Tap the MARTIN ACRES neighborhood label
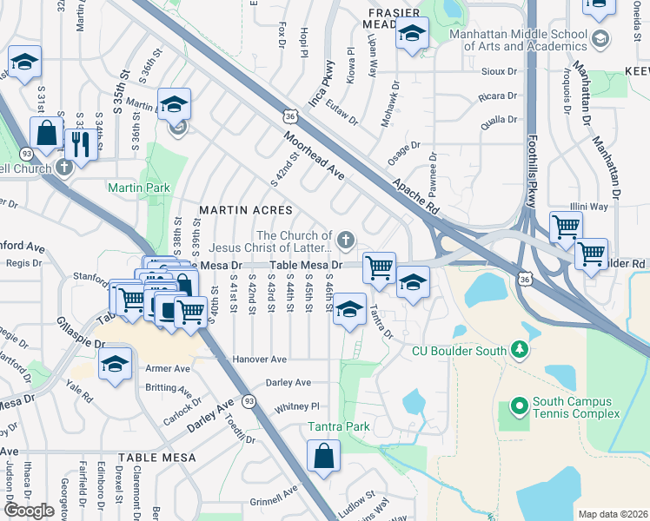coord(236,210)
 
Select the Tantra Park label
coord(340,426)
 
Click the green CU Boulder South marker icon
coord(521,350)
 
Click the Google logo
coord(29,511)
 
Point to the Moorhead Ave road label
coord(314,156)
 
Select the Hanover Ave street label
coord(259,359)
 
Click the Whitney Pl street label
coord(297,406)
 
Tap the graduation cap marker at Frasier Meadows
coord(412,35)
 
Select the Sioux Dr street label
coord(500,74)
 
